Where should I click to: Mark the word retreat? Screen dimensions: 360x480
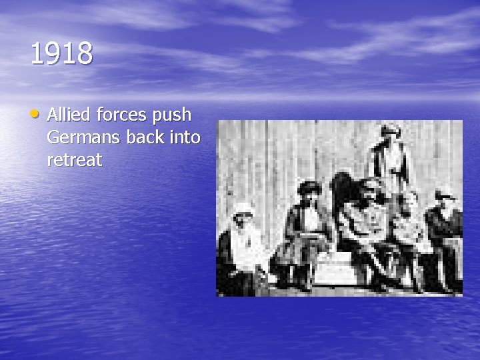tap(75, 160)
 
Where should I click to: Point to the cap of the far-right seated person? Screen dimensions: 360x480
tap(444, 194)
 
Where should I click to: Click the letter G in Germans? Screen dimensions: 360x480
tap(53, 137)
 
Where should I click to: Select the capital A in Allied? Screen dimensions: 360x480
tap(53, 115)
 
